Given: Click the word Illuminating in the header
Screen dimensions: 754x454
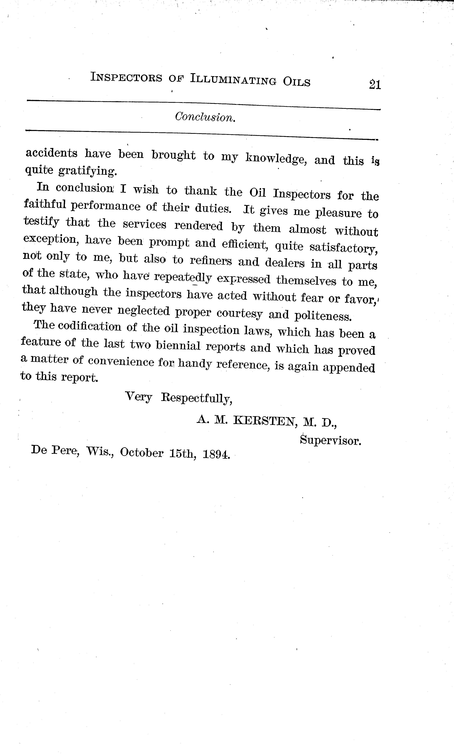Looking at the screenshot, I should [232, 80].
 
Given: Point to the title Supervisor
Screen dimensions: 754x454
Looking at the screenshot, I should [330, 441].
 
